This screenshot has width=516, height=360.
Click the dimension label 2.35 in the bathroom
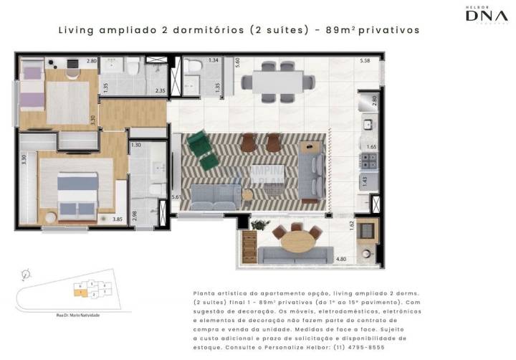(x=161, y=90)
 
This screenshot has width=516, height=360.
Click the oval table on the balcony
(x=295, y=240)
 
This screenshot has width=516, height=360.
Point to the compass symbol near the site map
(x=27, y=273)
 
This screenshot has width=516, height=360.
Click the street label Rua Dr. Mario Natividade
(x=78, y=316)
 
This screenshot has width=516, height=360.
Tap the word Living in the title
(x=75, y=31)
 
